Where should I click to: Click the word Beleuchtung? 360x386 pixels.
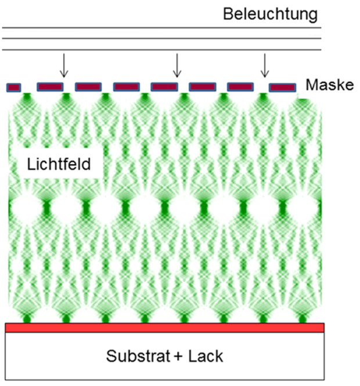click(271, 14)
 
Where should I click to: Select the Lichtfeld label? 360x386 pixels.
click(59, 165)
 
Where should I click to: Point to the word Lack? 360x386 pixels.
click(205, 355)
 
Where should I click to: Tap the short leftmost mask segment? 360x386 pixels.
click(13, 87)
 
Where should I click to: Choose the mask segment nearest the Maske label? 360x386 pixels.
click(282, 87)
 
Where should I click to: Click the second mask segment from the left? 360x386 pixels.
click(50, 87)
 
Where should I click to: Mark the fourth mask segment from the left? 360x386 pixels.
click(126, 87)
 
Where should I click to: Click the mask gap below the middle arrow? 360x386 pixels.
click(183, 87)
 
